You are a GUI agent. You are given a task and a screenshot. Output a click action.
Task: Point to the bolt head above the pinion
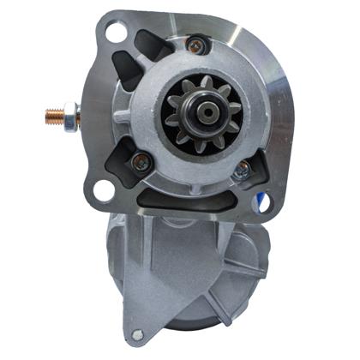coord(196,45)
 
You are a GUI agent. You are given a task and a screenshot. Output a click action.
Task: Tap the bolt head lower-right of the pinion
coord(243,169)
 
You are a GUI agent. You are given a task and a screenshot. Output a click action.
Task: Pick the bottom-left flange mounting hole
coord(104,190)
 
